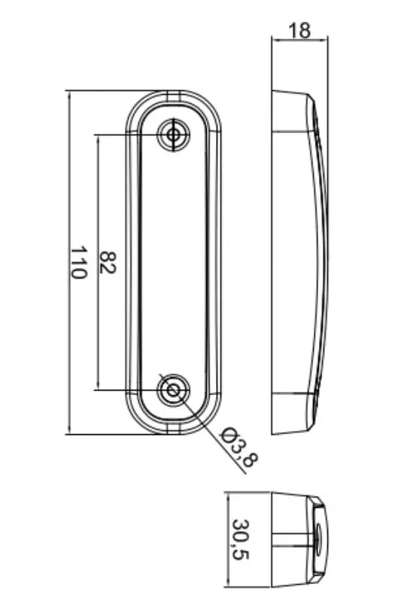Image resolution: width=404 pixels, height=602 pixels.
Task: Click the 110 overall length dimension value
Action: [x=79, y=263]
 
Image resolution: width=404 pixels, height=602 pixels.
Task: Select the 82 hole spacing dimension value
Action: [x=108, y=263]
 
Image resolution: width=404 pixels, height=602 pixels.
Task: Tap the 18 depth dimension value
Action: [x=299, y=30]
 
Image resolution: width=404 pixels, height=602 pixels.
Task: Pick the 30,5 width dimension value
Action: [x=241, y=540]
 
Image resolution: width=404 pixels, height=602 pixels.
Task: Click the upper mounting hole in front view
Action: [x=174, y=135]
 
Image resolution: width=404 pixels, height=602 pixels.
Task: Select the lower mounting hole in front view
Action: [x=174, y=390]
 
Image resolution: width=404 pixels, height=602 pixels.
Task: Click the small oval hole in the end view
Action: [x=317, y=540]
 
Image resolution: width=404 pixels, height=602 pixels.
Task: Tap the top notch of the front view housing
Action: [x=174, y=96]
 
